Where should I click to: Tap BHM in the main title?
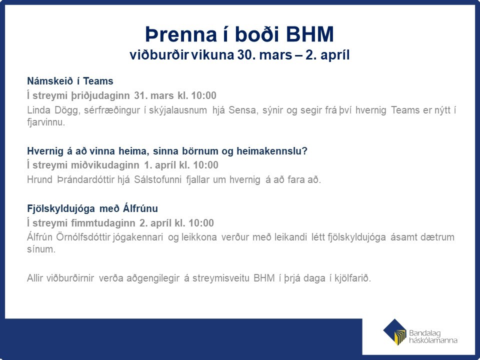309,34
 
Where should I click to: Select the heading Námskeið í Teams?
70,81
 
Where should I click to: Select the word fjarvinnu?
46,122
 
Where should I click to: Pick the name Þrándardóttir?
86,179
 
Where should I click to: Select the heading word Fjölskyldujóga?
61,209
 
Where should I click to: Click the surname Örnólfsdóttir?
83,237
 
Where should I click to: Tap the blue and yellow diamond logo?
395,332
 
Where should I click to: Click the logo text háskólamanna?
433,340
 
